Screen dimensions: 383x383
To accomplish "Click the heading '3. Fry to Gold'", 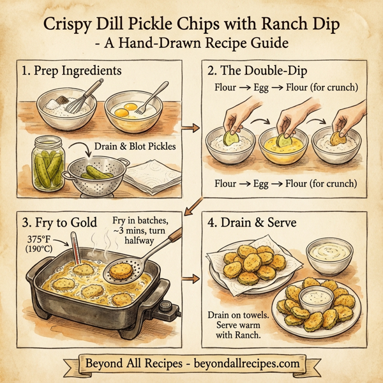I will point(61,224).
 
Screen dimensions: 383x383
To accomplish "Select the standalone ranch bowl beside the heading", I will point(330,255).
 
